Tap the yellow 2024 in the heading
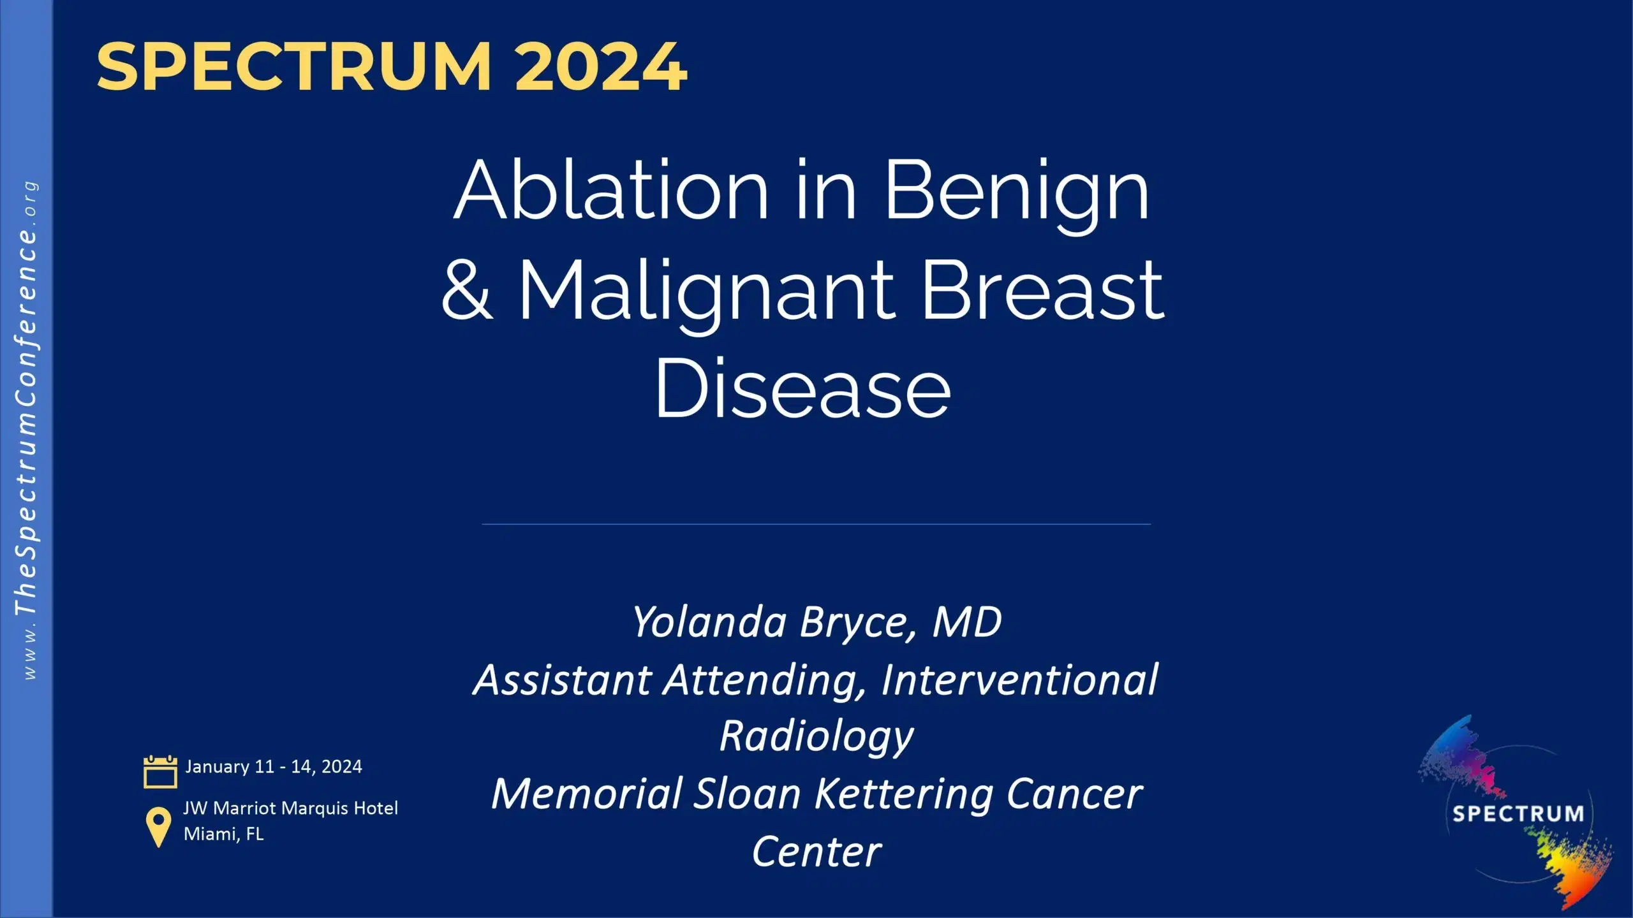tap(601, 66)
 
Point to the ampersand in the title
tap(468, 290)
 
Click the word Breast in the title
tap(1044, 290)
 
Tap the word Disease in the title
tap(802, 389)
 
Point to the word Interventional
tap(1019, 680)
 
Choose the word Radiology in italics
tap(816, 736)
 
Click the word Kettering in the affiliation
tap(905, 794)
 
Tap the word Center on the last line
tap(816, 852)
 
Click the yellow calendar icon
tap(160, 772)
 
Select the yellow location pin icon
tap(158, 827)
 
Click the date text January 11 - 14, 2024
tap(274, 766)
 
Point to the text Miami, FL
tap(223, 834)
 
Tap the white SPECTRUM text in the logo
tap(1518, 814)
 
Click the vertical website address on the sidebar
tap(27, 430)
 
